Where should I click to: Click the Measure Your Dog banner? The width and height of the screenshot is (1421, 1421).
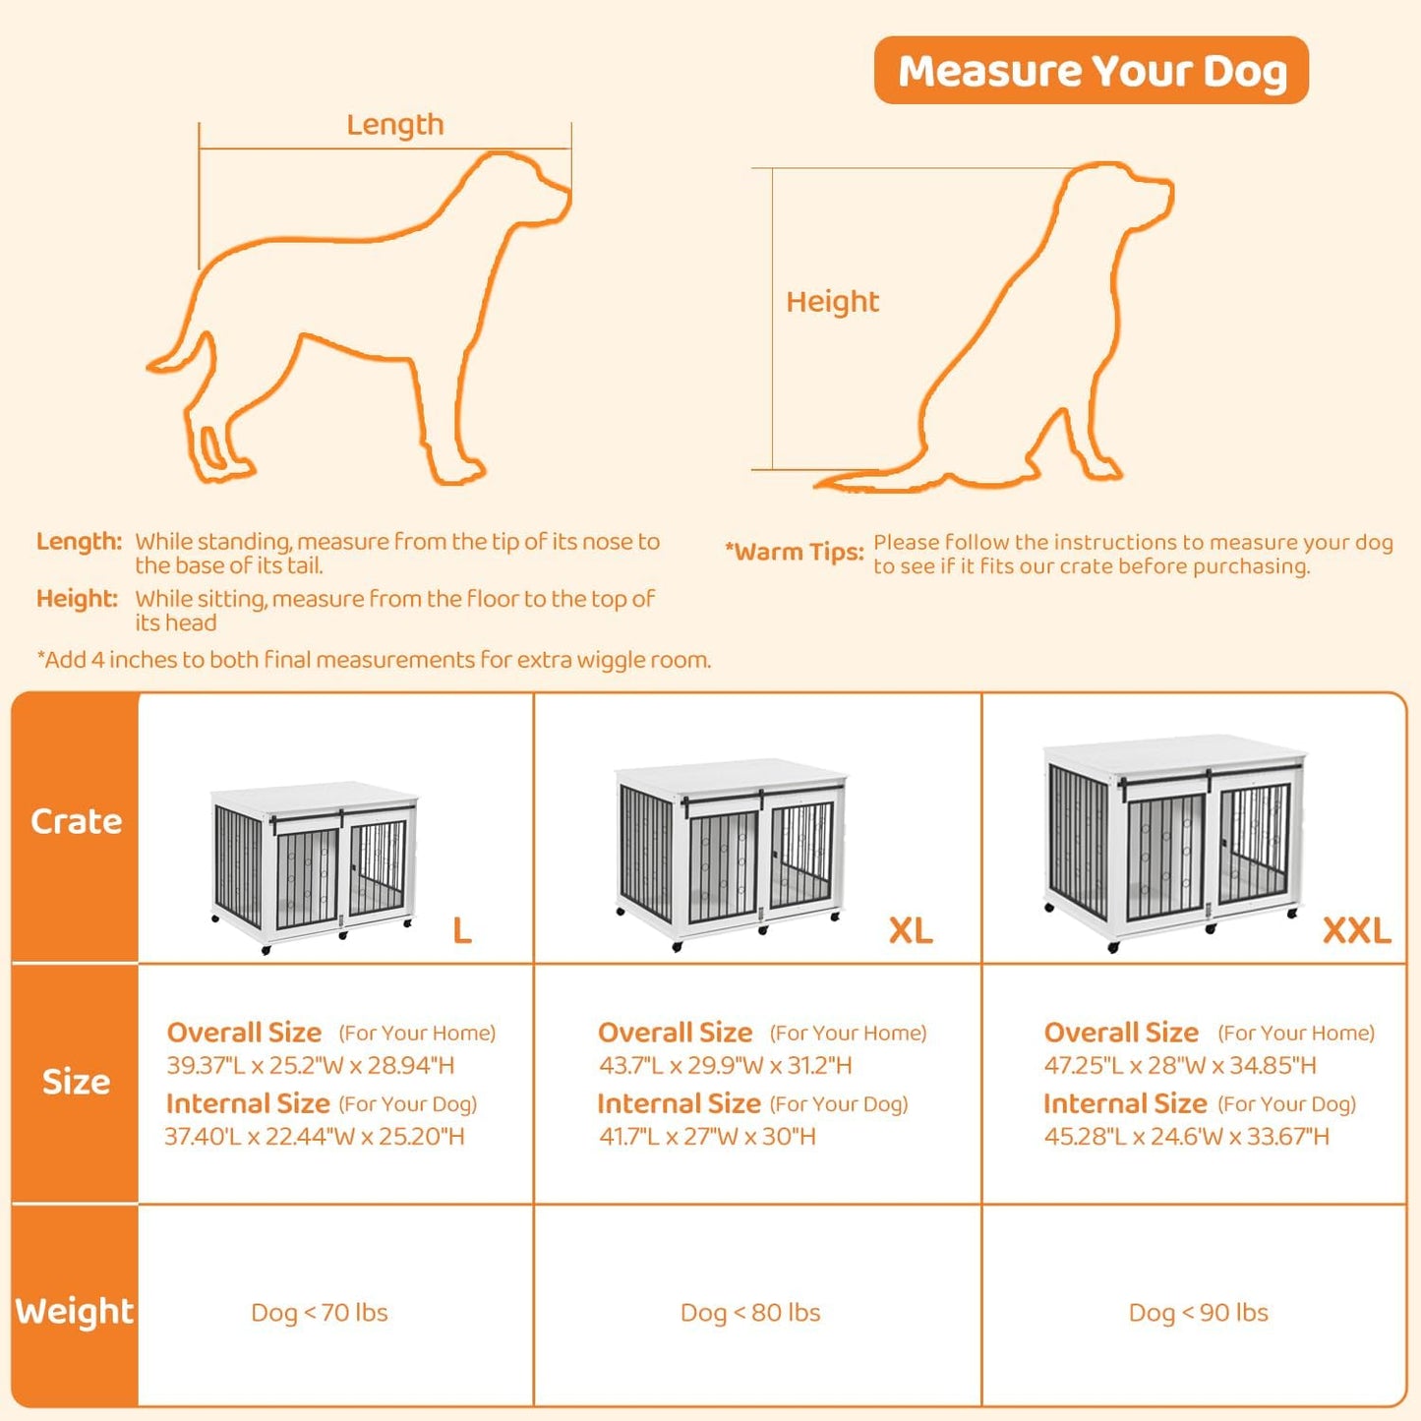pos(1091,71)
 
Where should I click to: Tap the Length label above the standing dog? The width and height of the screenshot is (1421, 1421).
pos(394,125)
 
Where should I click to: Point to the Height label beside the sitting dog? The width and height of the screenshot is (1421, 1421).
pos(832,302)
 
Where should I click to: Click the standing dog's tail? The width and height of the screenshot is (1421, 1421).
pos(182,354)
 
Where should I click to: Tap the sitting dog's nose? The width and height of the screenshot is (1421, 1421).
pos(1167,187)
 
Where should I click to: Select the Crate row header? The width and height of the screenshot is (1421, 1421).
pos(76,822)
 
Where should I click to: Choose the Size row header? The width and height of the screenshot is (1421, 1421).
pos(76,1082)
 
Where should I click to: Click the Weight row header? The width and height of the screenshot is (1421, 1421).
pos(75,1311)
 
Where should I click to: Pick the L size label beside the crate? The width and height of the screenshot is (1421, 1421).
pos(461,930)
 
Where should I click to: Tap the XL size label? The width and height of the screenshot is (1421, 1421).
pos(910,930)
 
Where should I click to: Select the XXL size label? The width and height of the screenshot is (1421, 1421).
pos(1356,930)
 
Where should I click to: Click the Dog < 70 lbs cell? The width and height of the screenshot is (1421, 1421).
pos(320,1313)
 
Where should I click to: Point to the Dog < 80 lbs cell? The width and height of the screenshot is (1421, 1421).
pos(750,1313)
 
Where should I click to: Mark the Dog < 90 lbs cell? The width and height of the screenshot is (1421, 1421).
pos(1198,1313)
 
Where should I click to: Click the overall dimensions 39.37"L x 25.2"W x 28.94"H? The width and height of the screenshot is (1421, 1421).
pos(311,1065)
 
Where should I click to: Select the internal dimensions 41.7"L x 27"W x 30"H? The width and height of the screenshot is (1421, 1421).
pos(707,1137)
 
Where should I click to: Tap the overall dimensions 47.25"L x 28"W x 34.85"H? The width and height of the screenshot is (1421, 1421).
pos(1180,1065)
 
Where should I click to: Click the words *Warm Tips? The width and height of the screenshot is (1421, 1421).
pos(794,553)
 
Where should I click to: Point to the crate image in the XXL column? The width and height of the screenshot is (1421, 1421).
pos(1173,842)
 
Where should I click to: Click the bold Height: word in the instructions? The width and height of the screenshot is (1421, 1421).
pos(77,599)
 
